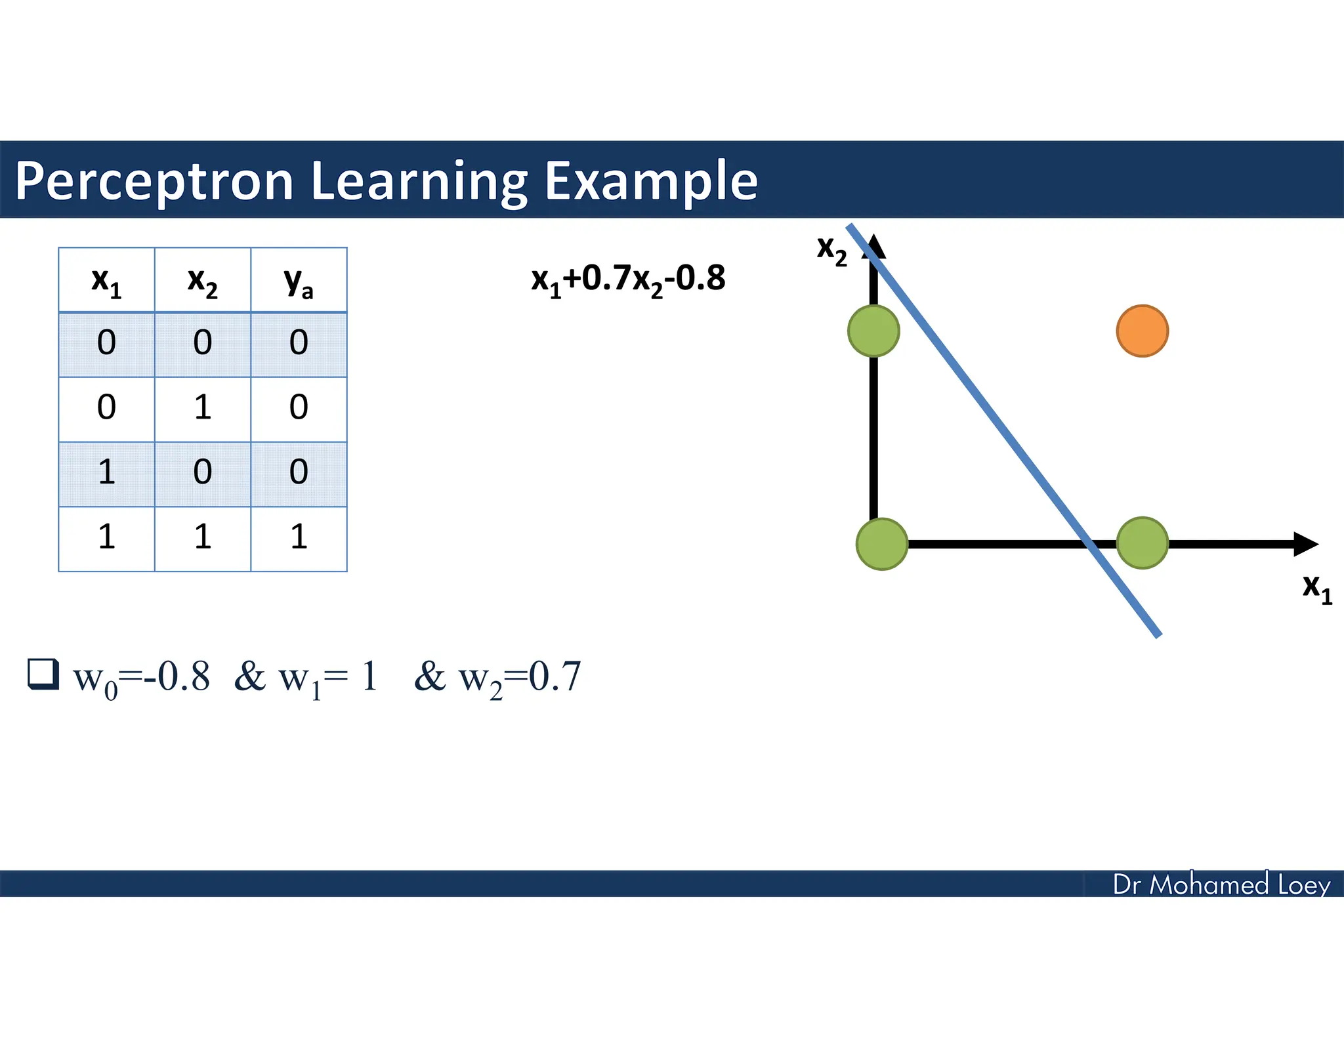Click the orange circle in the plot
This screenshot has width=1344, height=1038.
[1142, 331]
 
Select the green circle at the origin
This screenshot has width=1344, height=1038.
[882, 544]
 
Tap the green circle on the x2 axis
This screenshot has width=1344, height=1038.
[873, 331]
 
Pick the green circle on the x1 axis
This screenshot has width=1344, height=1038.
[1142, 543]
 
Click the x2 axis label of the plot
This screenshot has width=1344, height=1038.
[831, 250]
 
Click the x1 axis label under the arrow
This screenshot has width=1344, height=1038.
[1316, 587]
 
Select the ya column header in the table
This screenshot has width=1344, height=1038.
[299, 281]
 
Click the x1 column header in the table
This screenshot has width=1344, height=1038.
[106, 281]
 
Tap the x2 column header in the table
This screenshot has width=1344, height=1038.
[202, 281]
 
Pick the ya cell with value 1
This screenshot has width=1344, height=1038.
[299, 537]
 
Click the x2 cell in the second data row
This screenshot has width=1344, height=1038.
[202, 408]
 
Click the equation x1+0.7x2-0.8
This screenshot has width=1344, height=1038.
[628, 279]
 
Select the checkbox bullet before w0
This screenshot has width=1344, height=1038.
[43, 675]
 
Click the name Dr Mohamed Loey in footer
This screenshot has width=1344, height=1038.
[1221, 884]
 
